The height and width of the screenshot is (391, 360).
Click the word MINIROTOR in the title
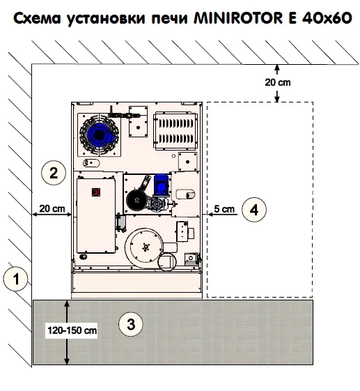click(x=238, y=18)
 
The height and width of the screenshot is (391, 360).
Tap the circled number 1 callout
click(x=16, y=279)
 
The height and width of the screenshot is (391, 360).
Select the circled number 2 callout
click(x=54, y=173)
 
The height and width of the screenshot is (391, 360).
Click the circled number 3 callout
click(x=131, y=324)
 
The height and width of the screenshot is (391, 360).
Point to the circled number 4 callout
click(x=254, y=210)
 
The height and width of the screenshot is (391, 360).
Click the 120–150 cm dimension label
click(x=72, y=330)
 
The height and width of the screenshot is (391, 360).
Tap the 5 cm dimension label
click(x=224, y=208)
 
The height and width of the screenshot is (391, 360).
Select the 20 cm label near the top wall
click(x=278, y=82)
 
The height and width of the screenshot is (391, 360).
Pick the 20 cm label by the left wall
click(x=52, y=208)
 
